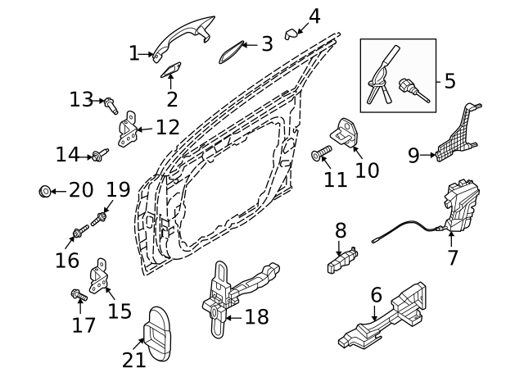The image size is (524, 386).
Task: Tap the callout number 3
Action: tap(267, 43)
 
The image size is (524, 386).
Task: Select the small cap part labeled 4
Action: tap(291, 33)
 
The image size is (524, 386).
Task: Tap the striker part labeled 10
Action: tap(346, 133)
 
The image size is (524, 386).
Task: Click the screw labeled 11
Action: tap(321, 152)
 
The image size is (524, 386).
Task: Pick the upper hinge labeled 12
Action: tap(128, 131)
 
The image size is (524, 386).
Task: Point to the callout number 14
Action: tap(67, 154)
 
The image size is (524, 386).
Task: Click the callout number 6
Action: tap(376, 293)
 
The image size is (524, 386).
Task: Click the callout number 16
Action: tap(67, 260)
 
